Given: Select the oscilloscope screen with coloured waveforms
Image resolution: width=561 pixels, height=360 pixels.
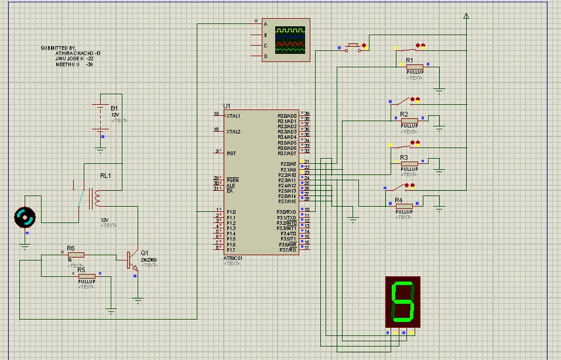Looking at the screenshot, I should (x=291, y=40).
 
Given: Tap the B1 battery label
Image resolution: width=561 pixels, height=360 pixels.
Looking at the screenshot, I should (x=114, y=108).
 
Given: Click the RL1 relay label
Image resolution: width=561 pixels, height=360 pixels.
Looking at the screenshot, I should (x=105, y=175).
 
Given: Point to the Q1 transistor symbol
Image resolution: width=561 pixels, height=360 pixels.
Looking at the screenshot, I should (x=132, y=260).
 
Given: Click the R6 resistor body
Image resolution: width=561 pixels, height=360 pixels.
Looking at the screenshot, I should (x=76, y=255).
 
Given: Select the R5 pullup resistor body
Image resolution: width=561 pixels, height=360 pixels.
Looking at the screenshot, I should (x=87, y=276).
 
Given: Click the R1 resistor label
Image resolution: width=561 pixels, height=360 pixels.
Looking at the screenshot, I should (x=409, y=60).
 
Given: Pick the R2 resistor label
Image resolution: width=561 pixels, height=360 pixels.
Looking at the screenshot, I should (x=404, y=114).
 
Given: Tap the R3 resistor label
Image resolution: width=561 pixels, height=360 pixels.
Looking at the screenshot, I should (x=404, y=158).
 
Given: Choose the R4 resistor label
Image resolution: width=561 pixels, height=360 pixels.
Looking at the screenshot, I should (x=399, y=200).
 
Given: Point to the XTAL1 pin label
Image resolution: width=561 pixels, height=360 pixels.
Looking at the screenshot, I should (x=234, y=116).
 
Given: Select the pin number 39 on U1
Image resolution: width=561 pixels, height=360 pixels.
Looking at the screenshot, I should (x=306, y=114).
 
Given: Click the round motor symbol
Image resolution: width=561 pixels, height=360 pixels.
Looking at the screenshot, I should (x=25, y=217).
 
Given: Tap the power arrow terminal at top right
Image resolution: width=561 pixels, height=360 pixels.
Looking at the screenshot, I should (x=466, y=16).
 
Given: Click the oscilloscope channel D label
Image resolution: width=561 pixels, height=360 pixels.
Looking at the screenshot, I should (x=265, y=56).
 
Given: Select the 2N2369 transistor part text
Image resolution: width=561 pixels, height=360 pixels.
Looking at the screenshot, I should (x=149, y=259).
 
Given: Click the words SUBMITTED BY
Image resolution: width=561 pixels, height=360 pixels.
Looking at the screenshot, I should (x=58, y=47).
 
